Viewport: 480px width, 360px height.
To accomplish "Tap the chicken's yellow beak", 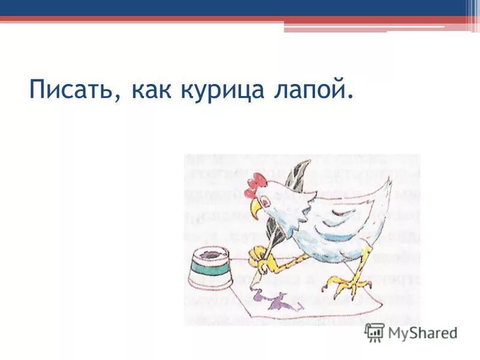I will (x=256, y=206).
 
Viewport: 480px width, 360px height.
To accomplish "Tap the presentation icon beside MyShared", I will (x=374, y=332).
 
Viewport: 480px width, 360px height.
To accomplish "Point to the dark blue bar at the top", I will (x=240, y=7).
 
